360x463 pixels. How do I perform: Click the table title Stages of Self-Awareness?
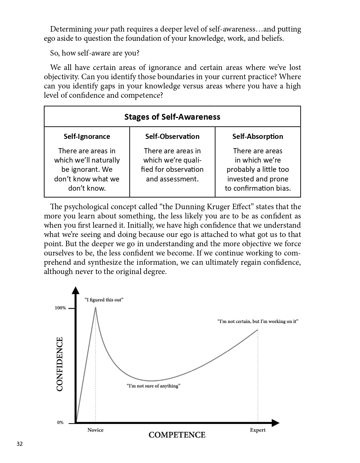coord(172,117)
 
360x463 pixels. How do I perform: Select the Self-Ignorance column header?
coord(87,136)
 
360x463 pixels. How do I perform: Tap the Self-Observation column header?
coord(172,136)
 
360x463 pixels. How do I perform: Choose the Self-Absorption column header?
coord(257,136)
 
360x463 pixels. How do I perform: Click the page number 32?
coord(20,444)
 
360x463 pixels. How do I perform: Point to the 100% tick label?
coord(60,308)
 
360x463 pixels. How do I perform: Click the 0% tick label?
coord(60,423)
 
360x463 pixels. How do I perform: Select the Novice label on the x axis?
coord(95,430)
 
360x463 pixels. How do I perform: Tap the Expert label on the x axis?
coord(257,430)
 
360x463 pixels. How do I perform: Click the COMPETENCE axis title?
coord(177,435)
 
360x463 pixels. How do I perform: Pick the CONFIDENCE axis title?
coord(60,364)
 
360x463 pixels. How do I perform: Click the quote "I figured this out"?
coord(104,300)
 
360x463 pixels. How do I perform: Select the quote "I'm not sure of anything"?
coord(153,386)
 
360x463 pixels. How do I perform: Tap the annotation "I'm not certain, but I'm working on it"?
coord(258,321)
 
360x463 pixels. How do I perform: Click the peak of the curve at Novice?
coord(95,308)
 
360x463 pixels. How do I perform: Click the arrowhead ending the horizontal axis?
coord(276,423)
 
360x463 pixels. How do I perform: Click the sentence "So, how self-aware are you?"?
coord(95,53)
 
